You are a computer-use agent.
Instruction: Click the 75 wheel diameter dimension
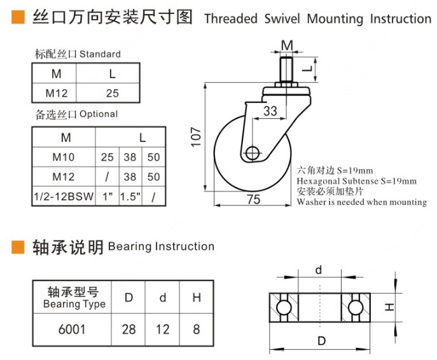click(x=253, y=199)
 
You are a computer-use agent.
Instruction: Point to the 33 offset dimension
click(x=270, y=111)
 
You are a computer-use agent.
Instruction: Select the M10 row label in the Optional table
click(x=64, y=157)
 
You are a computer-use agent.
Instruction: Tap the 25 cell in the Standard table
click(x=113, y=93)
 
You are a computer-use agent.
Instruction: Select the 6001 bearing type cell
click(x=71, y=329)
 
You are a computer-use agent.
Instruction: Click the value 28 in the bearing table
click(x=128, y=329)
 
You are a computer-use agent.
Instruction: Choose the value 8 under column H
click(x=197, y=329)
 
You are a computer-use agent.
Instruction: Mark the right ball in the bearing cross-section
click(x=356, y=307)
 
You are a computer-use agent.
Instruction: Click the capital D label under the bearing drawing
click(x=321, y=342)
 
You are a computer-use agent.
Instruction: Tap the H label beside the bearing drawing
click(x=390, y=307)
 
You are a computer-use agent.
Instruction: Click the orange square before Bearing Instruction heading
click(x=19, y=247)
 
